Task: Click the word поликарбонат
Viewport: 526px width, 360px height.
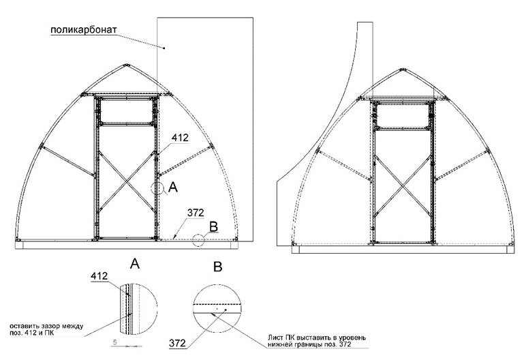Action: coord(84,30)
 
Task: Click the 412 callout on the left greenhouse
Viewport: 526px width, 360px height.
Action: coord(180,138)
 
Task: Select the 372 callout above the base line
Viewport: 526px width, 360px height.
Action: coord(196,213)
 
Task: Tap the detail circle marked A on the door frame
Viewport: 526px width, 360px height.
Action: coord(157,188)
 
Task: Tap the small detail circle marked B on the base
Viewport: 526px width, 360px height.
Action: coord(198,241)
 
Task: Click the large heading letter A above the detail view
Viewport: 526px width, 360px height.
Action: coord(134,264)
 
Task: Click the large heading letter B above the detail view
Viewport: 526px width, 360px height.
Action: coord(218,267)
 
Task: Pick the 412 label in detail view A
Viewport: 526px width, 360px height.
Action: coord(99,276)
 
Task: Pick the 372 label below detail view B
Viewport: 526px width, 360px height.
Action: coord(177,343)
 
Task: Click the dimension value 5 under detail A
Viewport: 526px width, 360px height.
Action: coord(114,342)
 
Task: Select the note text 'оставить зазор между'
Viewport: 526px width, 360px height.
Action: coord(46,327)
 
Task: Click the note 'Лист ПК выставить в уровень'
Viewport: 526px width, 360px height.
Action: coord(317,337)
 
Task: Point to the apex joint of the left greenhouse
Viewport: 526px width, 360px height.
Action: coord(126,65)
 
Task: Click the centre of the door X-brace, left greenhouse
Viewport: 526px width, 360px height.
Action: coord(127,181)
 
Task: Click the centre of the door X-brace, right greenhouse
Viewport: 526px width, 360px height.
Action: coord(402,186)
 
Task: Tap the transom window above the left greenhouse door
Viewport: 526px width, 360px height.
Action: coord(126,111)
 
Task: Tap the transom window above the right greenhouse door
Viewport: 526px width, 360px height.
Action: coord(402,115)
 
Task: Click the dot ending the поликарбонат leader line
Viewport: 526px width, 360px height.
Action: coord(164,48)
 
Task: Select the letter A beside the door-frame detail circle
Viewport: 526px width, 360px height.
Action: coord(173,187)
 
